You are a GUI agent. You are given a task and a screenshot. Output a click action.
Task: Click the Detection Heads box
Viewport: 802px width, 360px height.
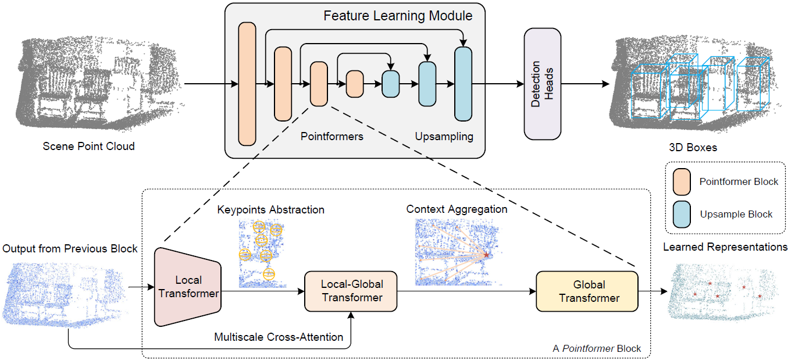click(542, 84)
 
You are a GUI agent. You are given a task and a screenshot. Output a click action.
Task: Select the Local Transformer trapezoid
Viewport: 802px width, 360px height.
click(188, 287)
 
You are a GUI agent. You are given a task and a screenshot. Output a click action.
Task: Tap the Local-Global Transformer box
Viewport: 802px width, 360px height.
click(351, 291)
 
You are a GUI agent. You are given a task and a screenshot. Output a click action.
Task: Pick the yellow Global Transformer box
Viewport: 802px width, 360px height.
click(587, 291)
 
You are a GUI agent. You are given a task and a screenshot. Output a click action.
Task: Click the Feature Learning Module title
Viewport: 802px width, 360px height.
click(398, 16)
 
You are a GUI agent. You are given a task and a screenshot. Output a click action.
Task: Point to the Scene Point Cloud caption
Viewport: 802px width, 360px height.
click(89, 146)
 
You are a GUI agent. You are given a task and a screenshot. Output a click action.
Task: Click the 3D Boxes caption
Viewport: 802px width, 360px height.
click(693, 147)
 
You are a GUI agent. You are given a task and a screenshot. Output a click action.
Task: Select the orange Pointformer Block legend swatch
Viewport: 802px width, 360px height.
click(682, 182)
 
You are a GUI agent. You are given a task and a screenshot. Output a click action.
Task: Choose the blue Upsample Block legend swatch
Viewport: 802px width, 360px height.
click(682, 214)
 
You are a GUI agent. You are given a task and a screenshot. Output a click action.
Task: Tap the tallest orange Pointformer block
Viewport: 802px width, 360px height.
click(247, 84)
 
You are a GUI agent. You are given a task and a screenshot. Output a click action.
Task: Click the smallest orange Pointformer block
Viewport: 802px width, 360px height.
click(355, 84)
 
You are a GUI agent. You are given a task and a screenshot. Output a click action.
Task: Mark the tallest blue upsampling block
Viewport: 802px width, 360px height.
click(463, 84)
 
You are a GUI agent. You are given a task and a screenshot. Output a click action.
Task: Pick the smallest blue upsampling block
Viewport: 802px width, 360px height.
click(391, 84)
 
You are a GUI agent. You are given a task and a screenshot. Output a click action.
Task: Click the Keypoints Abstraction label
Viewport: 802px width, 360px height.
click(270, 209)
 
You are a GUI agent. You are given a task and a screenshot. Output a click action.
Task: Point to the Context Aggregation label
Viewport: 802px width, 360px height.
click(457, 209)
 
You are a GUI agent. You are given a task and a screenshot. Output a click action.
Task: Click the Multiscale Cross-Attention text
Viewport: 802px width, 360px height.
click(279, 337)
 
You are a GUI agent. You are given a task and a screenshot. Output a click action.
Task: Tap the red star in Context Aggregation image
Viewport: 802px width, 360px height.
click(487, 255)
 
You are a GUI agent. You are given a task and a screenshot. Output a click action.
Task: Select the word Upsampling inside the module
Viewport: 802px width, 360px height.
click(444, 137)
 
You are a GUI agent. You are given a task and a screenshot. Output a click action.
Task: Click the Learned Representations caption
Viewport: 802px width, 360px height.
click(725, 247)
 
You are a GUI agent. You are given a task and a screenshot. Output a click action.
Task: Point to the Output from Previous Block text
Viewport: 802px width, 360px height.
click(70, 248)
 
